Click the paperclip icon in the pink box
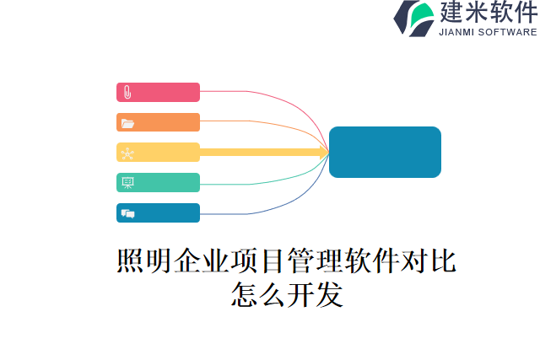tap(127, 92)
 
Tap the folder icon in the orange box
tap(127, 123)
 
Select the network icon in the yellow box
tap(127, 153)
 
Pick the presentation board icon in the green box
tap(127, 182)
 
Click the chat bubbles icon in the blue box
tap(127, 213)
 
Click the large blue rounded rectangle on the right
tap(385, 153)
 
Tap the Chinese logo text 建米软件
tap(487, 13)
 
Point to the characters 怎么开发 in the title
tap(286, 294)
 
